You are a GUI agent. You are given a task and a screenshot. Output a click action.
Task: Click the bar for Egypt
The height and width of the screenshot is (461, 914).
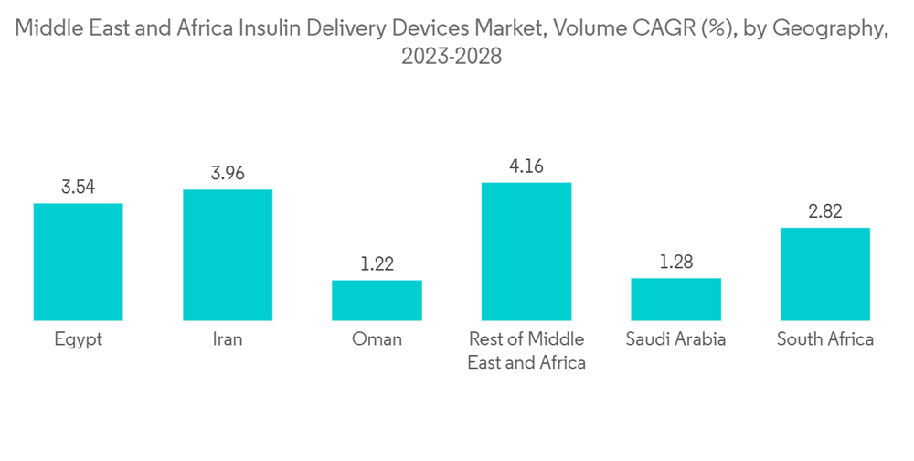pos(79,262)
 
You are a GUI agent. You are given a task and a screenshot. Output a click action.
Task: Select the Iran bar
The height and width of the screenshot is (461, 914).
pos(228,255)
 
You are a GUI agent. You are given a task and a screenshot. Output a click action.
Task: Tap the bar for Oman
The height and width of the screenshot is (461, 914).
pos(377,300)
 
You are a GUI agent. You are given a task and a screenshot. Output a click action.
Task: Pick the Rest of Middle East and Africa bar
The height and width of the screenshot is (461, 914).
pos(526,252)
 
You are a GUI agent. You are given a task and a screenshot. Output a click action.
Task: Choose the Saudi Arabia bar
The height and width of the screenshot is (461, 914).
pos(675,299)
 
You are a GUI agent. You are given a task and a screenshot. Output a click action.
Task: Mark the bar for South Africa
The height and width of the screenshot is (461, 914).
pos(824,273)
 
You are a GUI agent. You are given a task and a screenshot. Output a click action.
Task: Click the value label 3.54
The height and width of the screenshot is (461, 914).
pos(79,188)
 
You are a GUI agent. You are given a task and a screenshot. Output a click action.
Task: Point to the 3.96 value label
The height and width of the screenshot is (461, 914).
pos(228,173)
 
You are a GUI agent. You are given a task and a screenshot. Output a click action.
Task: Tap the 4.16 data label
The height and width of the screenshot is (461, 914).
pos(526,166)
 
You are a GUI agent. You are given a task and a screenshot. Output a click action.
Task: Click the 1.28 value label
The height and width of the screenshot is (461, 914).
pos(675,262)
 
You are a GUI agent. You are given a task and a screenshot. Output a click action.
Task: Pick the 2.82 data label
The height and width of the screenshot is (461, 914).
pos(824,211)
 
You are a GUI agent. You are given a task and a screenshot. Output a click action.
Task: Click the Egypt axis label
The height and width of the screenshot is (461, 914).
pos(79,339)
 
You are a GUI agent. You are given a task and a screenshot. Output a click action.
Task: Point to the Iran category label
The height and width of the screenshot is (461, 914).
pos(228,339)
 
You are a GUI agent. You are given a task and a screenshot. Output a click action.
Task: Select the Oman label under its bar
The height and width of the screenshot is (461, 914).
pos(377,339)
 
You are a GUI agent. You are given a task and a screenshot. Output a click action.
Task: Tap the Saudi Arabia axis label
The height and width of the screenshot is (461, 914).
pos(675,339)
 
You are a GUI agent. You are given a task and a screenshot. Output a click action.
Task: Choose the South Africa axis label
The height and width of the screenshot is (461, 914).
pos(824,339)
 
